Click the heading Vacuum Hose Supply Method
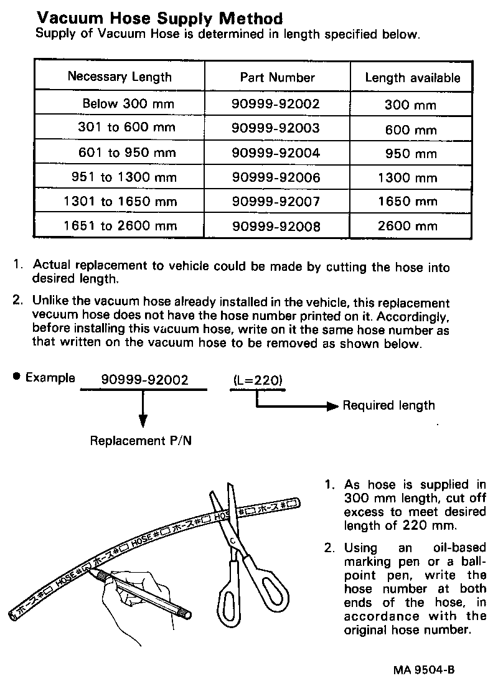[x=159, y=19]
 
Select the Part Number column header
[x=277, y=77]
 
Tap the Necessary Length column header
[x=120, y=77]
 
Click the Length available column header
[x=413, y=78]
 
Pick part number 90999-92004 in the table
[x=276, y=153]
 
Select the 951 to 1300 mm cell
[x=125, y=177]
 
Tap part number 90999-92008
[x=276, y=227]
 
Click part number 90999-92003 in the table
[x=276, y=128]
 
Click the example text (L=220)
[x=258, y=379]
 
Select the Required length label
[x=389, y=406]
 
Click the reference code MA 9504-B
[x=424, y=670]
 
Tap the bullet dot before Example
[x=16, y=376]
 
